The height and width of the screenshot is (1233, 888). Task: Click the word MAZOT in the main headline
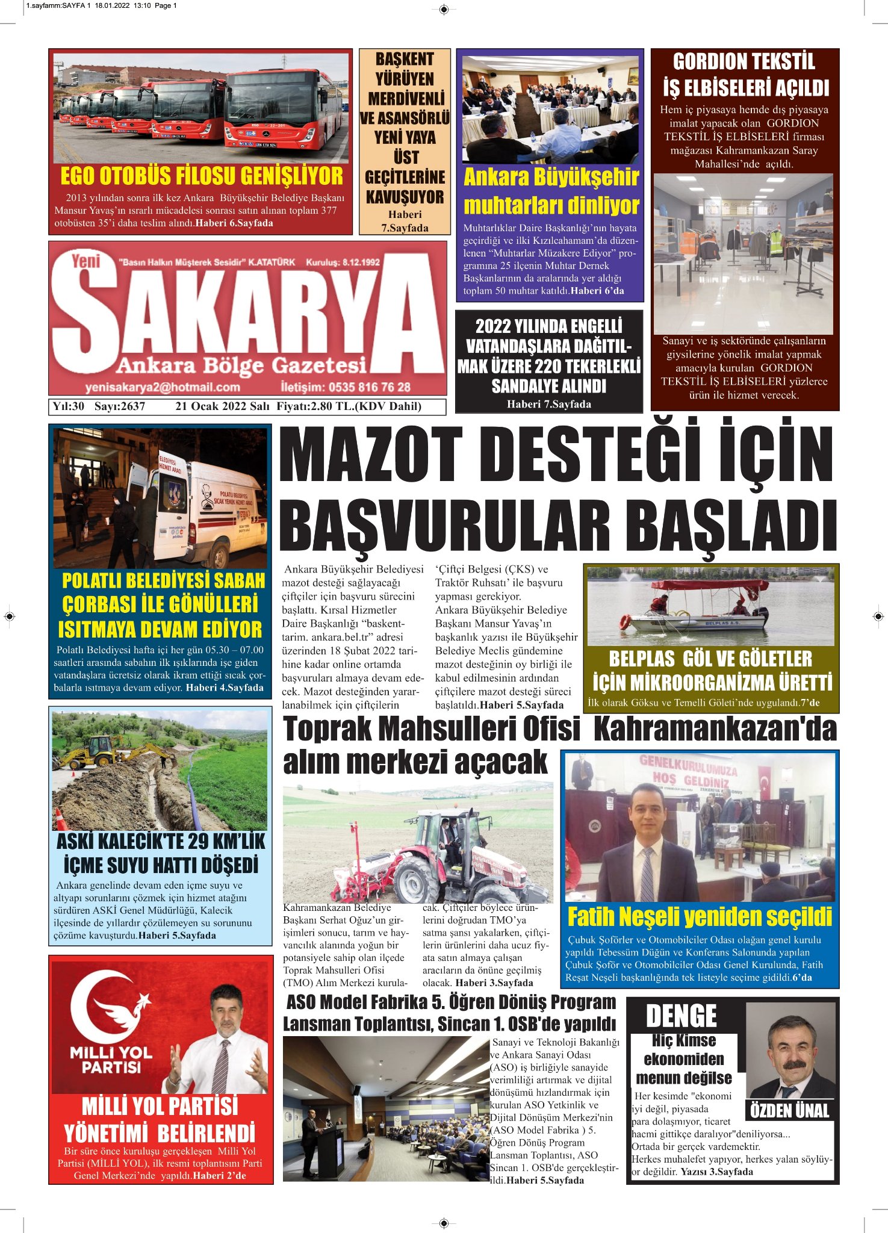tap(370, 456)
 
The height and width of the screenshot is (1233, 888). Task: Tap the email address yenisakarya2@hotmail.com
tap(163, 387)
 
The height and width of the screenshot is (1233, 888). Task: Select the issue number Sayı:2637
tap(120, 406)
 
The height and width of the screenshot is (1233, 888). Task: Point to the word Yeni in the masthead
tap(85, 261)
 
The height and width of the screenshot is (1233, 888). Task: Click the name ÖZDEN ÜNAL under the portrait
tap(790, 1110)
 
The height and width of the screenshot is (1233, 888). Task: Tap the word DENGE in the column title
tap(681, 1016)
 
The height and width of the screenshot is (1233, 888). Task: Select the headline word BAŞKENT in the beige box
tap(405, 59)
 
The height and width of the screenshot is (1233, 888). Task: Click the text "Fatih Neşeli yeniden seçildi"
tap(700, 917)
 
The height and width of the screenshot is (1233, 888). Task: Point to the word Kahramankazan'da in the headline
tap(715, 729)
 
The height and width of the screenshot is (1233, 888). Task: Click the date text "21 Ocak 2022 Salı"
tap(222, 406)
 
